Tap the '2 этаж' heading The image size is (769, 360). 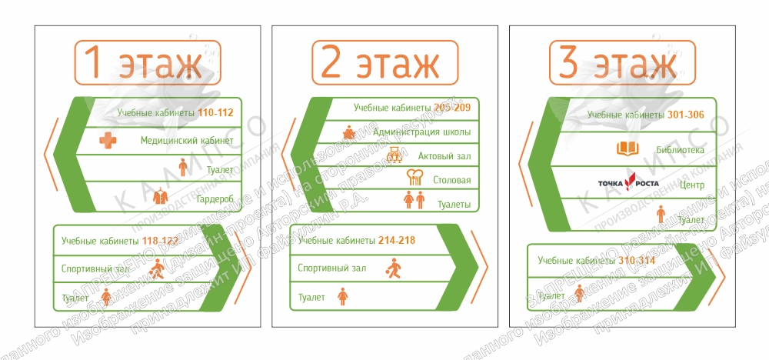[385, 63]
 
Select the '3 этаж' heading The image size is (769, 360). [622, 63]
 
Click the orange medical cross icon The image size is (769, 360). [111, 141]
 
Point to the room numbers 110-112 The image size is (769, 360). [215, 113]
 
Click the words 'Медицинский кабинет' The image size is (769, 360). [187, 141]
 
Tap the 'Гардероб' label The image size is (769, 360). [215, 198]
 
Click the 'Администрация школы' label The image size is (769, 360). [421, 132]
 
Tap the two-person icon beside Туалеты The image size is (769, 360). [414, 202]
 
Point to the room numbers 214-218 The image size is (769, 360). [396, 241]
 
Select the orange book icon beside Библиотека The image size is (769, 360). [628, 148]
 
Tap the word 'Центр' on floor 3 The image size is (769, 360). [691, 185]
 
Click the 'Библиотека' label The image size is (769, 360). [680, 150]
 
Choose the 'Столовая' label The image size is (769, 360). [451, 180]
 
